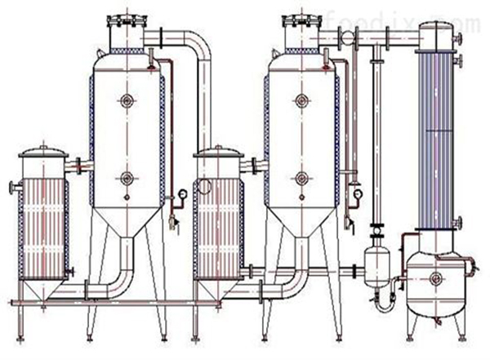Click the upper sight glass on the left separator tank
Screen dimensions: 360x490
[x=127, y=101]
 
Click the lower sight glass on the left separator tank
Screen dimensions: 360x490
[x=127, y=177]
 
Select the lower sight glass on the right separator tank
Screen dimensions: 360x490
[x=301, y=177]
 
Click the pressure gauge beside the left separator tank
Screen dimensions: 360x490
[x=180, y=193]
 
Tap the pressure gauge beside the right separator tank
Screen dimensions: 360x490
[x=358, y=193]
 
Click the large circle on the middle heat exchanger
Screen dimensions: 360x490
[x=204, y=187]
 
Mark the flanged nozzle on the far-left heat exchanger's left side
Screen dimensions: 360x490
[x=13, y=189]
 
